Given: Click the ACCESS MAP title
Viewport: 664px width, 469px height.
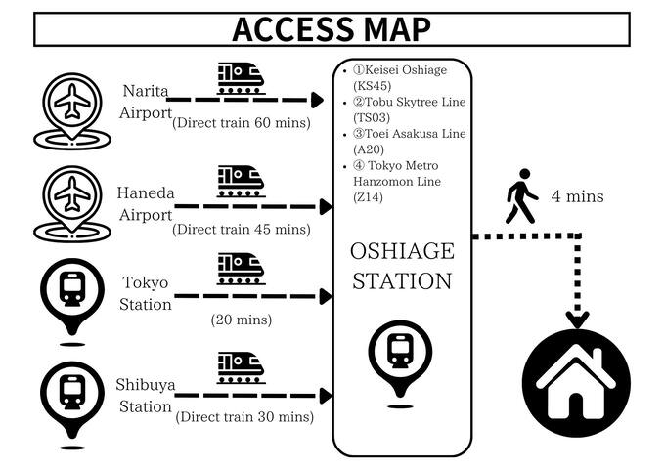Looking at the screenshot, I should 332,28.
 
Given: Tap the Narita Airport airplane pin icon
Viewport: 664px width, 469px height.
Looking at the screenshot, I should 71,107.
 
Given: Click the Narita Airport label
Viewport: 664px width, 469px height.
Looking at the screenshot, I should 145,101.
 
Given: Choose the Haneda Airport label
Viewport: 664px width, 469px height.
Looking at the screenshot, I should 145,203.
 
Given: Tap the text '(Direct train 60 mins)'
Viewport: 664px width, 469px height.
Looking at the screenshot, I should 241,123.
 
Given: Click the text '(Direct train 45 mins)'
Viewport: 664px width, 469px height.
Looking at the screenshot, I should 241,230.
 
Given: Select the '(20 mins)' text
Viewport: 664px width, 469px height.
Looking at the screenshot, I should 241,320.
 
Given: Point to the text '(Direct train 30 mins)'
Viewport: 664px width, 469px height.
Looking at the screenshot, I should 243,417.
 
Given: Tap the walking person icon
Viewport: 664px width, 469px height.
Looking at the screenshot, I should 520,196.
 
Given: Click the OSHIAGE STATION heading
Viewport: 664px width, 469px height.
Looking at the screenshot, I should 402,266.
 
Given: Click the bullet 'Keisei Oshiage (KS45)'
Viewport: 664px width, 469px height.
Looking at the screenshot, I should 393,78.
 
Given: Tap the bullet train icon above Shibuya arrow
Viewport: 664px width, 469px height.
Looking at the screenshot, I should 241,365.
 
